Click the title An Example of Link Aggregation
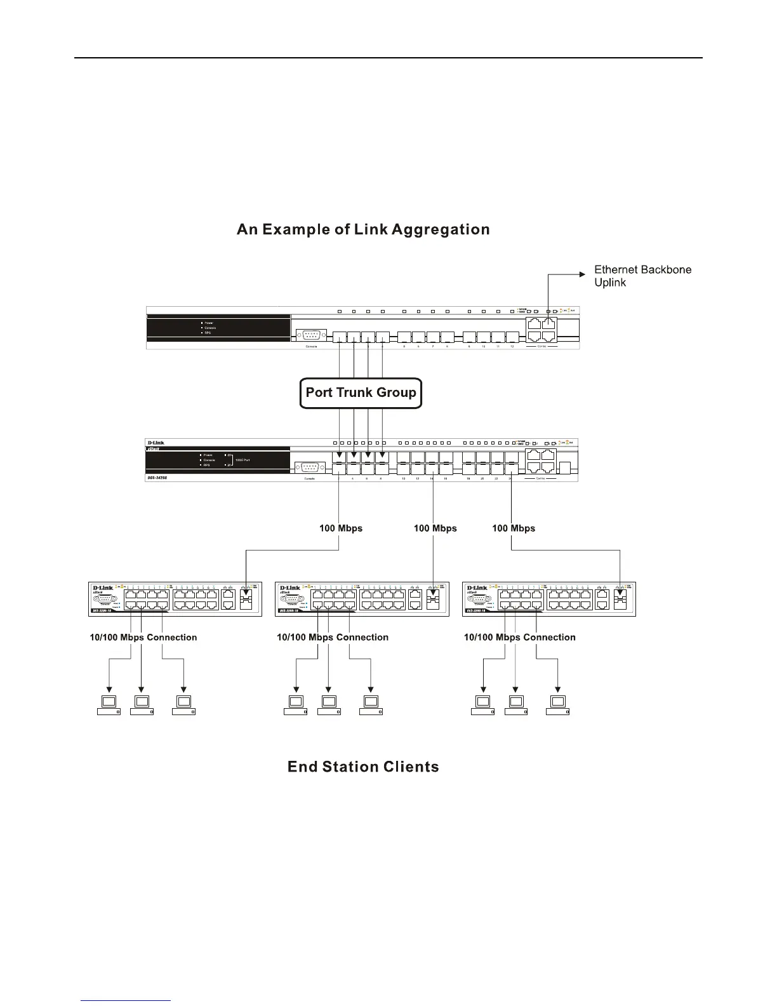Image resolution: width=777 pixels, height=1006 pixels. pyautogui.click(x=363, y=229)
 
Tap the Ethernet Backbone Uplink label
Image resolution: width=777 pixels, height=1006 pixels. pyautogui.click(x=642, y=276)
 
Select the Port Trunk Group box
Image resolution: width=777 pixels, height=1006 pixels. pyautogui.click(x=361, y=392)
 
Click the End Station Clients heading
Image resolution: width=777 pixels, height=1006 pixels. pyautogui.click(x=363, y=767)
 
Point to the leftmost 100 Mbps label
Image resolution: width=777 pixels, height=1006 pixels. pyautogui.click(x=341, y=528)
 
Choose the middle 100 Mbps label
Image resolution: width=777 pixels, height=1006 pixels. pyautogui.click(x=435, y=528)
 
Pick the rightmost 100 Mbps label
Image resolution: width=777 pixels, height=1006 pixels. pyautogui.click(x=514, y=528)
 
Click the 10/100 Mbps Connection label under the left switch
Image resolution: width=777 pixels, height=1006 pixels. pyautogui.click(x=143, y=638)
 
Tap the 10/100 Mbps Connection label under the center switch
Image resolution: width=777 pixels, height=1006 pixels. pyautogui.click(x=333, y=638)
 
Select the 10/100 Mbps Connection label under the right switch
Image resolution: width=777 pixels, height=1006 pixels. pyautogui.click(x=520, y=638)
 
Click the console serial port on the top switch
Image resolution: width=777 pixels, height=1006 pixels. pyautogui.click(x=311, y=336)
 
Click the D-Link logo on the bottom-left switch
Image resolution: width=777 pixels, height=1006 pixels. pyautogui.click(x=103, y=588)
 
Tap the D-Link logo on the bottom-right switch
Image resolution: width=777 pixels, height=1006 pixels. pyautogui.click(x=477, y=588)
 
